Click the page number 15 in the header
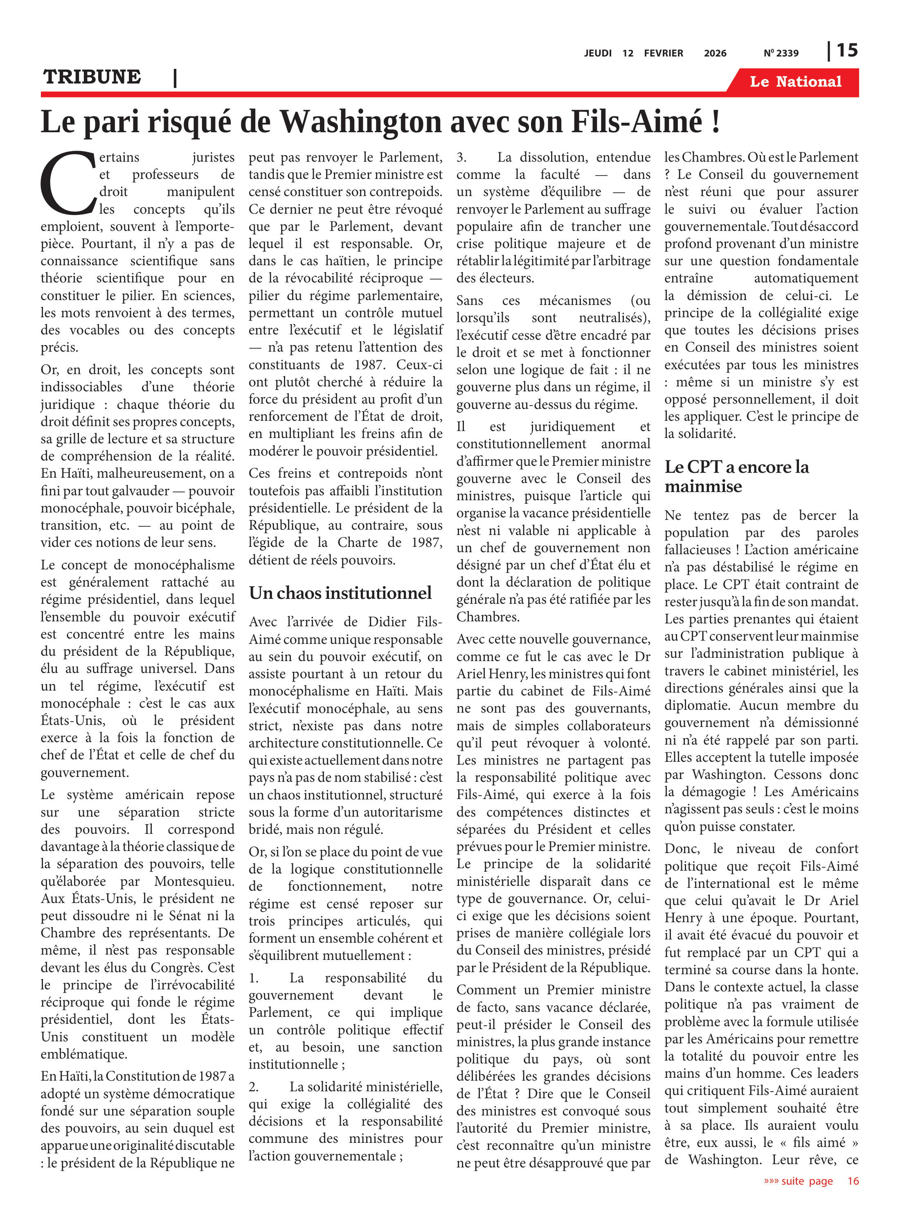click(x=847, y=51)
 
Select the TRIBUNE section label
click(x=92, y=77)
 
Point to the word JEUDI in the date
click(x=598, y=53)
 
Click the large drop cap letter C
click(x=67, y=183)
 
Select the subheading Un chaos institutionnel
click(x=340, y=593)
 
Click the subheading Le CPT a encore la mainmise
click(x=736, y=476)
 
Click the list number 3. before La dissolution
click(x=461, y=158)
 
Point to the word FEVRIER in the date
click(x=663, y=53)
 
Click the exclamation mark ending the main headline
click(x=715, y=122)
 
